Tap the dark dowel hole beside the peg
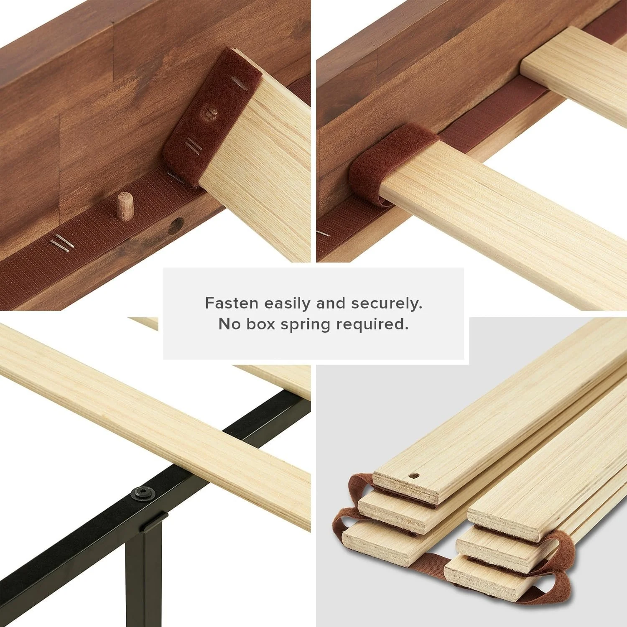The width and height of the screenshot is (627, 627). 176,225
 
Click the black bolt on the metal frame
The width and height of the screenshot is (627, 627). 143,494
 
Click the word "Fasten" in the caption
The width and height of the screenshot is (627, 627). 232,303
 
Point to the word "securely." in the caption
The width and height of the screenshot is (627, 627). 387,303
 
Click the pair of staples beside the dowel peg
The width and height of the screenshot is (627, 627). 61,242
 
